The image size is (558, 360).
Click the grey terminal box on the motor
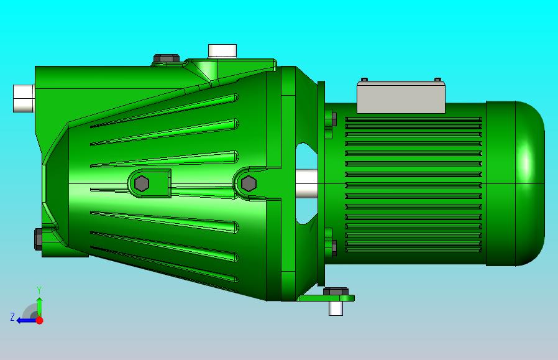[401, 97]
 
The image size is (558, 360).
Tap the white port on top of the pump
[222, 50]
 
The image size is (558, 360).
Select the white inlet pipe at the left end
[24, 98]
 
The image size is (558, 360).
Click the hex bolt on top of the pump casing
[167, 58]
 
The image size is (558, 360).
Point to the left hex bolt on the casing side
[142, 183]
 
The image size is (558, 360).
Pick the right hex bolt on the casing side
[249, 183]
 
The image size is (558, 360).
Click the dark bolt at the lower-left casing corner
[38, 239]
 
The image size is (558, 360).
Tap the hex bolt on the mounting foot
[336, 291]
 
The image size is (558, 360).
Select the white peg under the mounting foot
[336, 308]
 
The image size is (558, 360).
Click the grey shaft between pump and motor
[306, 184]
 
